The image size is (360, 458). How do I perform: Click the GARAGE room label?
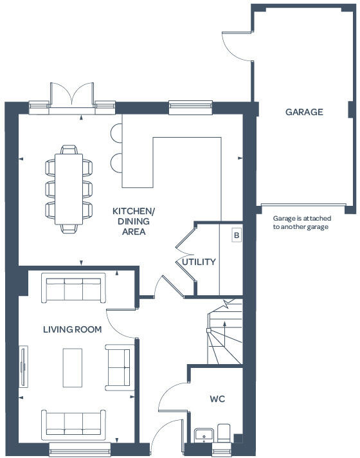[304, 112]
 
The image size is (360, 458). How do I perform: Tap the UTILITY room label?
[199, 262]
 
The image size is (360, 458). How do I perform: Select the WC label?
[217, 399]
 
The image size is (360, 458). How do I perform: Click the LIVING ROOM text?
[73, 329]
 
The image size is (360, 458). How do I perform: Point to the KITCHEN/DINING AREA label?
[134, 221]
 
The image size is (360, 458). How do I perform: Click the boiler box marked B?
[237, 235]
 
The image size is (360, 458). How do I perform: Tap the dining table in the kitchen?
[69, 189]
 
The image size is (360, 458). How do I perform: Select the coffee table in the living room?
[73, 367]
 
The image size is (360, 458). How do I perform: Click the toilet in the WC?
[224, 433]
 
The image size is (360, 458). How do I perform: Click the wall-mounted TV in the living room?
[23, 367]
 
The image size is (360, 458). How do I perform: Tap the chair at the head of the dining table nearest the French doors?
[69, 149]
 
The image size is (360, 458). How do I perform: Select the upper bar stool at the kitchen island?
[116, 133]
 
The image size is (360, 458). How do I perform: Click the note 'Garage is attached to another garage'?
[302, 223]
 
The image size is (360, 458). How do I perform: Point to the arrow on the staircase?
[224, 333]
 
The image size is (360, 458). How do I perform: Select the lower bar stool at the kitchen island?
[116, 163]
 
